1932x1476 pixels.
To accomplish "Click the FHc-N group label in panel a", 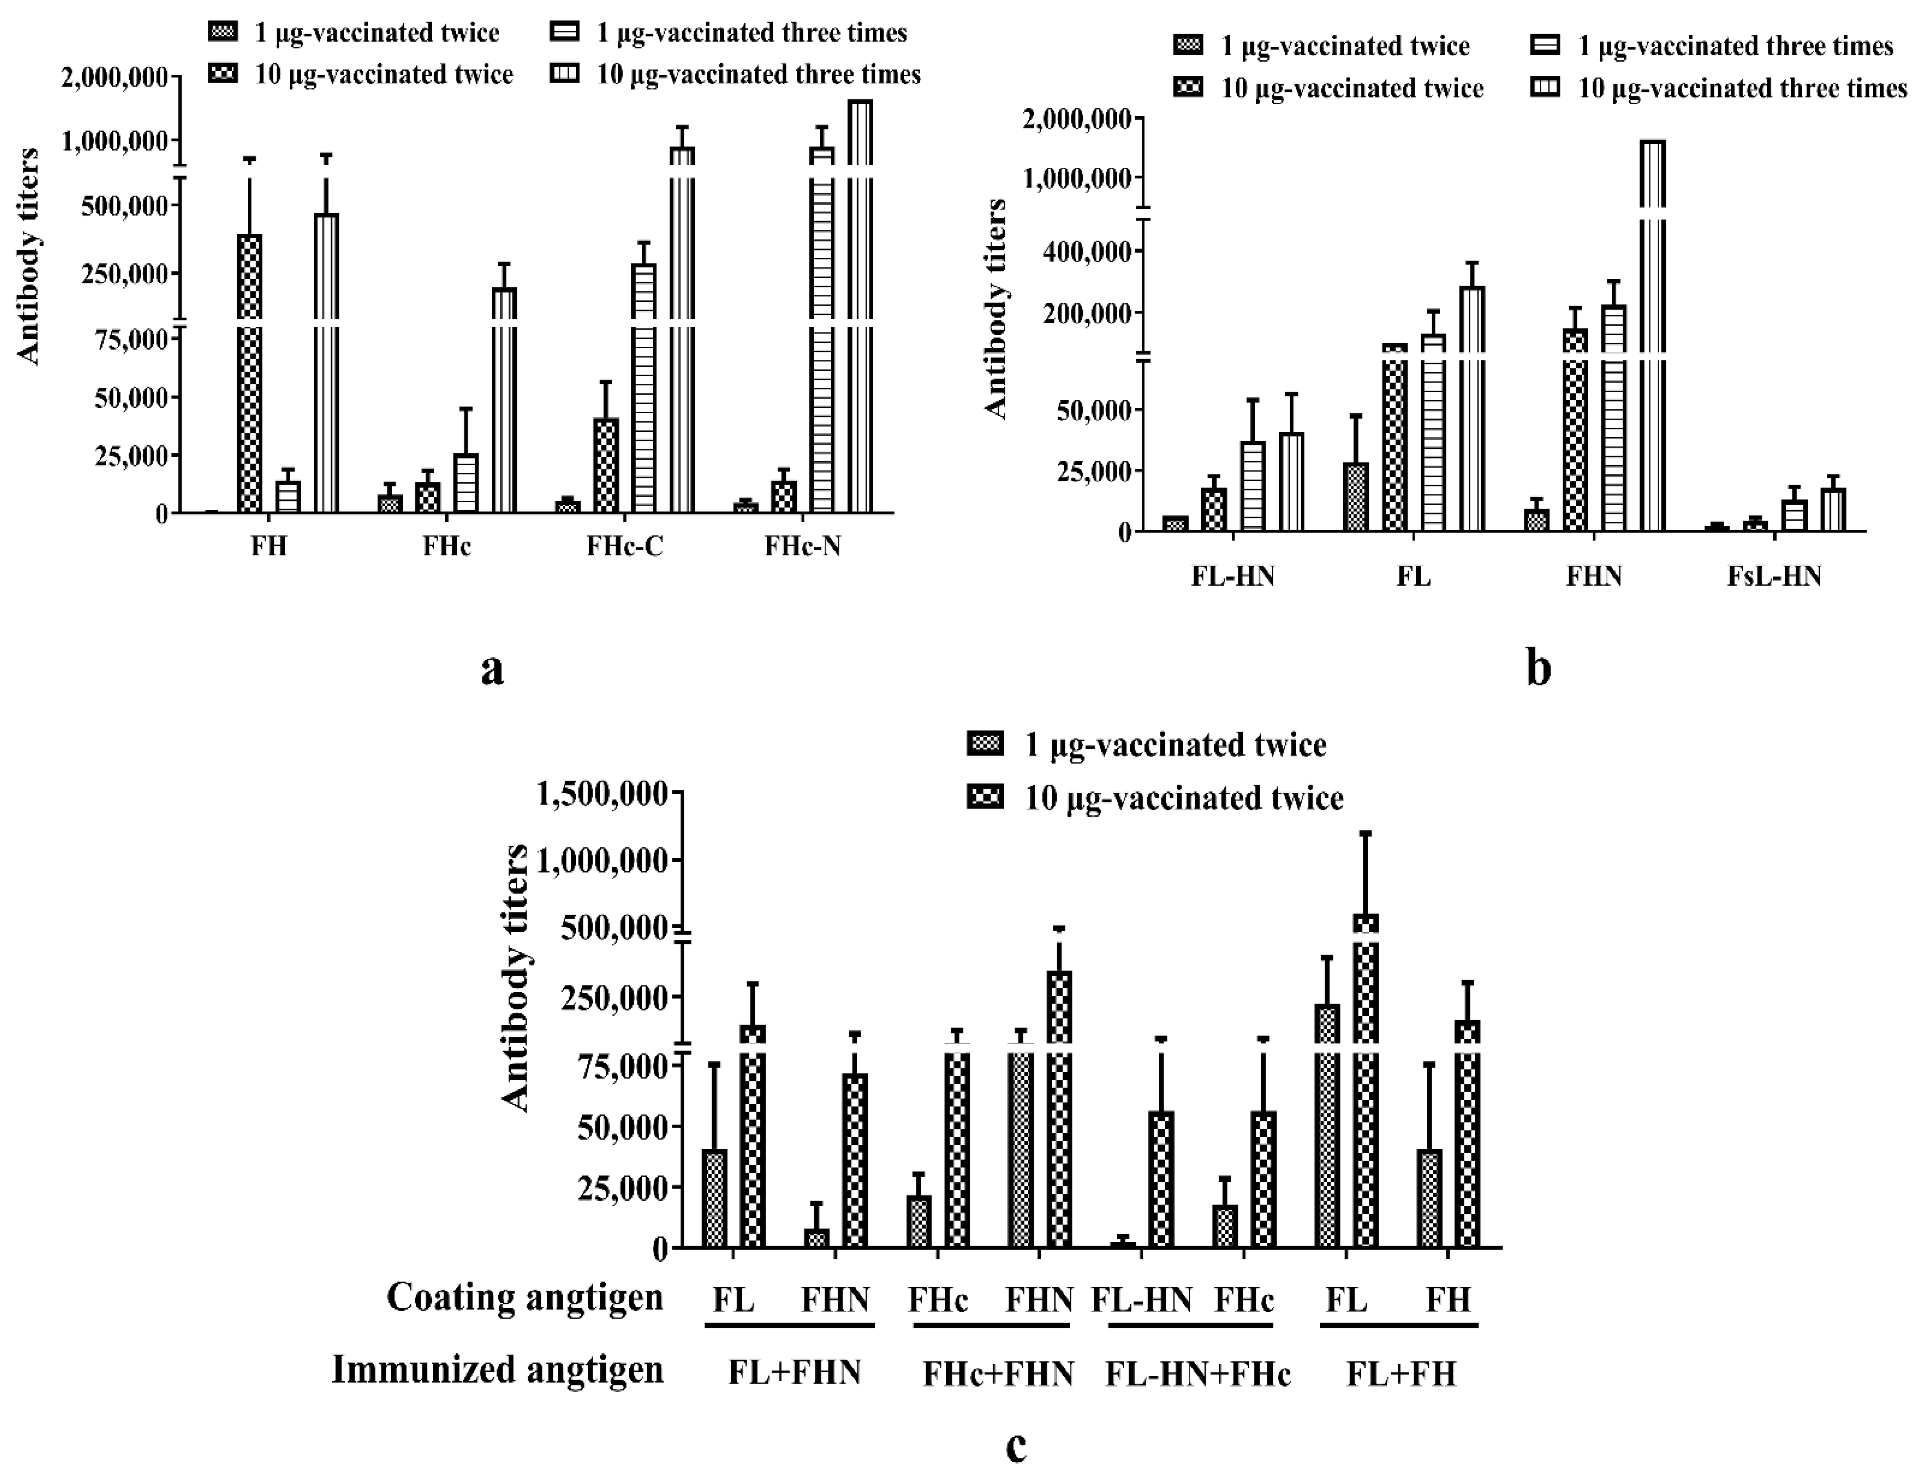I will pyautogui.click(x=802, y=546).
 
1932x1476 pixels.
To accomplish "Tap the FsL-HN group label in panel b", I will pyautogui.click(x=1774, y=576).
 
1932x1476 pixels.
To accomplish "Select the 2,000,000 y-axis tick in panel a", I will pyautogui.click(x=114, y=77).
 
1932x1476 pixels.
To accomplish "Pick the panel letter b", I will pyautogui.click(x=1538, y=668).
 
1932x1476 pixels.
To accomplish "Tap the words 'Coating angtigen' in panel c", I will pyautogui.click(x=524, y=1297).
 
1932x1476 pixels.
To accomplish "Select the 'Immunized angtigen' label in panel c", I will pyautogui.click(x=497, y=1369).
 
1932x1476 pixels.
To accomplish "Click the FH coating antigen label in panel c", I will pyautogui.click(x=1448, y=1298).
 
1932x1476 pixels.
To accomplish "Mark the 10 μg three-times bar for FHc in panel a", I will pyautogui.click(x=504, y=395).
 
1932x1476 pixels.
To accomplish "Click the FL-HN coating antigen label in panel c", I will pyautogui.click(x=1142, y=1298).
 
